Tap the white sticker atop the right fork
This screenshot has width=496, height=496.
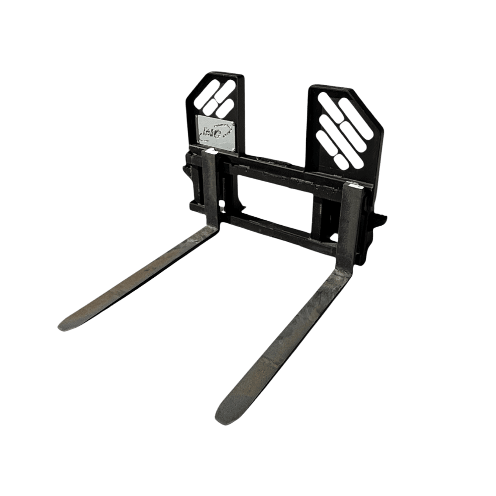point(355,186)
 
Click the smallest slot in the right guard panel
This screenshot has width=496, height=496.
point(341,160)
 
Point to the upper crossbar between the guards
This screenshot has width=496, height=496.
point(278,171)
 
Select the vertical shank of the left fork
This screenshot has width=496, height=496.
point(210,188)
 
